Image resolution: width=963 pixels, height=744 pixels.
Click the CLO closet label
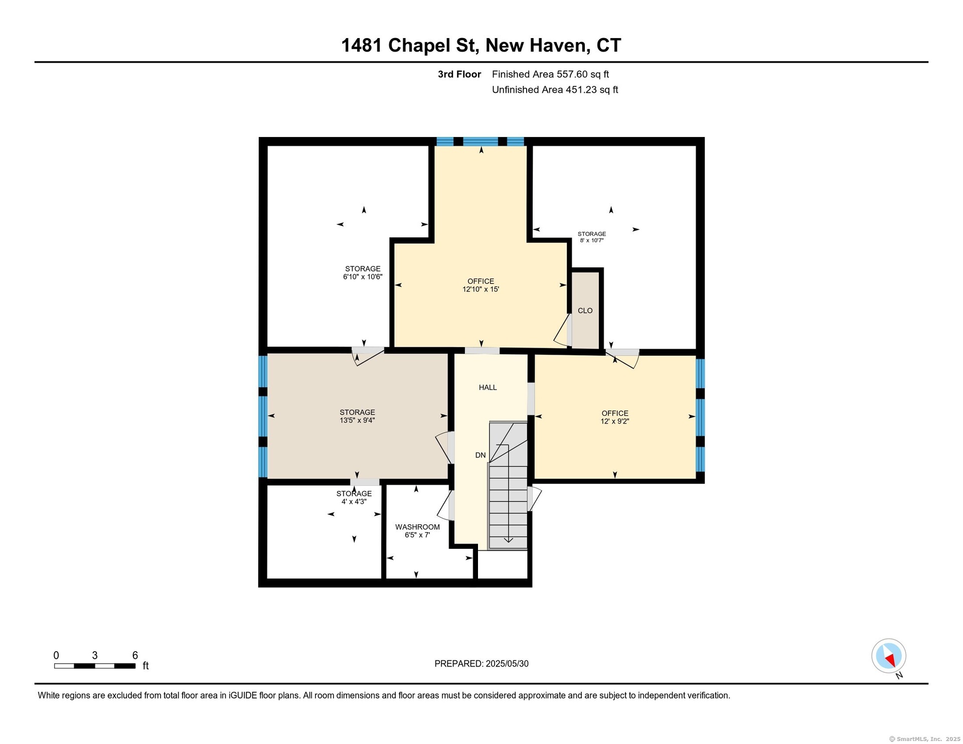click(585, 311)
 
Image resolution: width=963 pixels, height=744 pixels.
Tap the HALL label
click(488, 387)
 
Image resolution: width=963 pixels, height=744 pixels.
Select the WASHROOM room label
click(417, 527)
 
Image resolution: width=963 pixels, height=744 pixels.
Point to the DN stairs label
click(480, 455)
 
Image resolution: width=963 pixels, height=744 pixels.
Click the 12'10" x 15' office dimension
click(480, 289)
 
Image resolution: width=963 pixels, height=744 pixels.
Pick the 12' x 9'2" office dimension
click(615, 421)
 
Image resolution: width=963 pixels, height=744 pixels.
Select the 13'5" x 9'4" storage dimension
click(357, 420)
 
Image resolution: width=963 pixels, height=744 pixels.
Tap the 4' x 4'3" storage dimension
click(354, 501)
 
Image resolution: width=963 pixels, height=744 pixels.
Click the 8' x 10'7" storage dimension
click(592, 240)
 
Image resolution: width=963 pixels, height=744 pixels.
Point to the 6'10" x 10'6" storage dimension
click(363, 276)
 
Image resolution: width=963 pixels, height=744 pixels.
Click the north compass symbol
click(889, 656)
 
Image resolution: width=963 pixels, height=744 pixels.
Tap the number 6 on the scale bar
click(135, 655)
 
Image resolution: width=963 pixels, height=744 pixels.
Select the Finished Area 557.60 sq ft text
click(550, 74)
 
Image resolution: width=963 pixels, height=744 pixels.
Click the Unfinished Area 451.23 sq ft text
click(555, 90)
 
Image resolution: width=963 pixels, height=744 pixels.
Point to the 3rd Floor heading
click(459, 74)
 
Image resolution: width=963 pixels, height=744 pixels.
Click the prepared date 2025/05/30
click(507, 664)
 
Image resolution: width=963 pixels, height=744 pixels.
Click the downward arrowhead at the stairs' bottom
click(508, 540)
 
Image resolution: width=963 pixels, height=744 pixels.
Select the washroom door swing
click(444, 506)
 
